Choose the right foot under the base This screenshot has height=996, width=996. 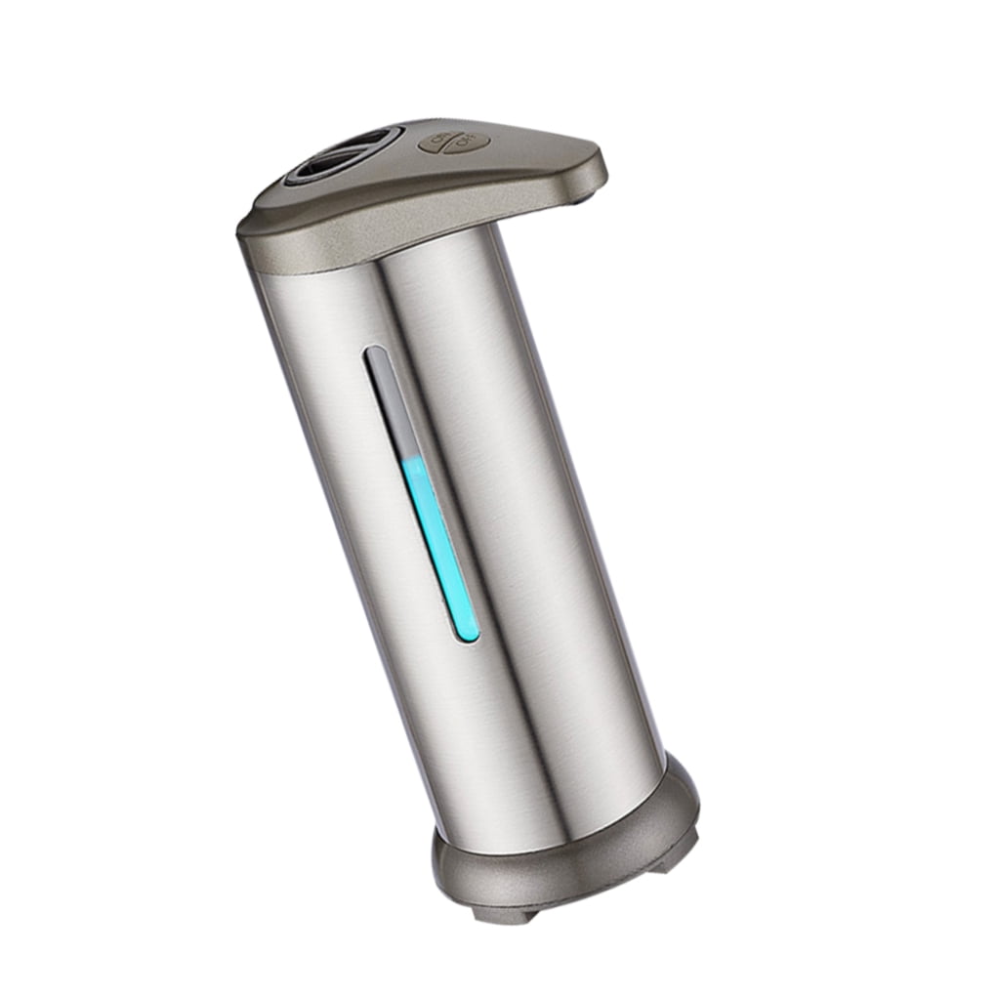674,858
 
